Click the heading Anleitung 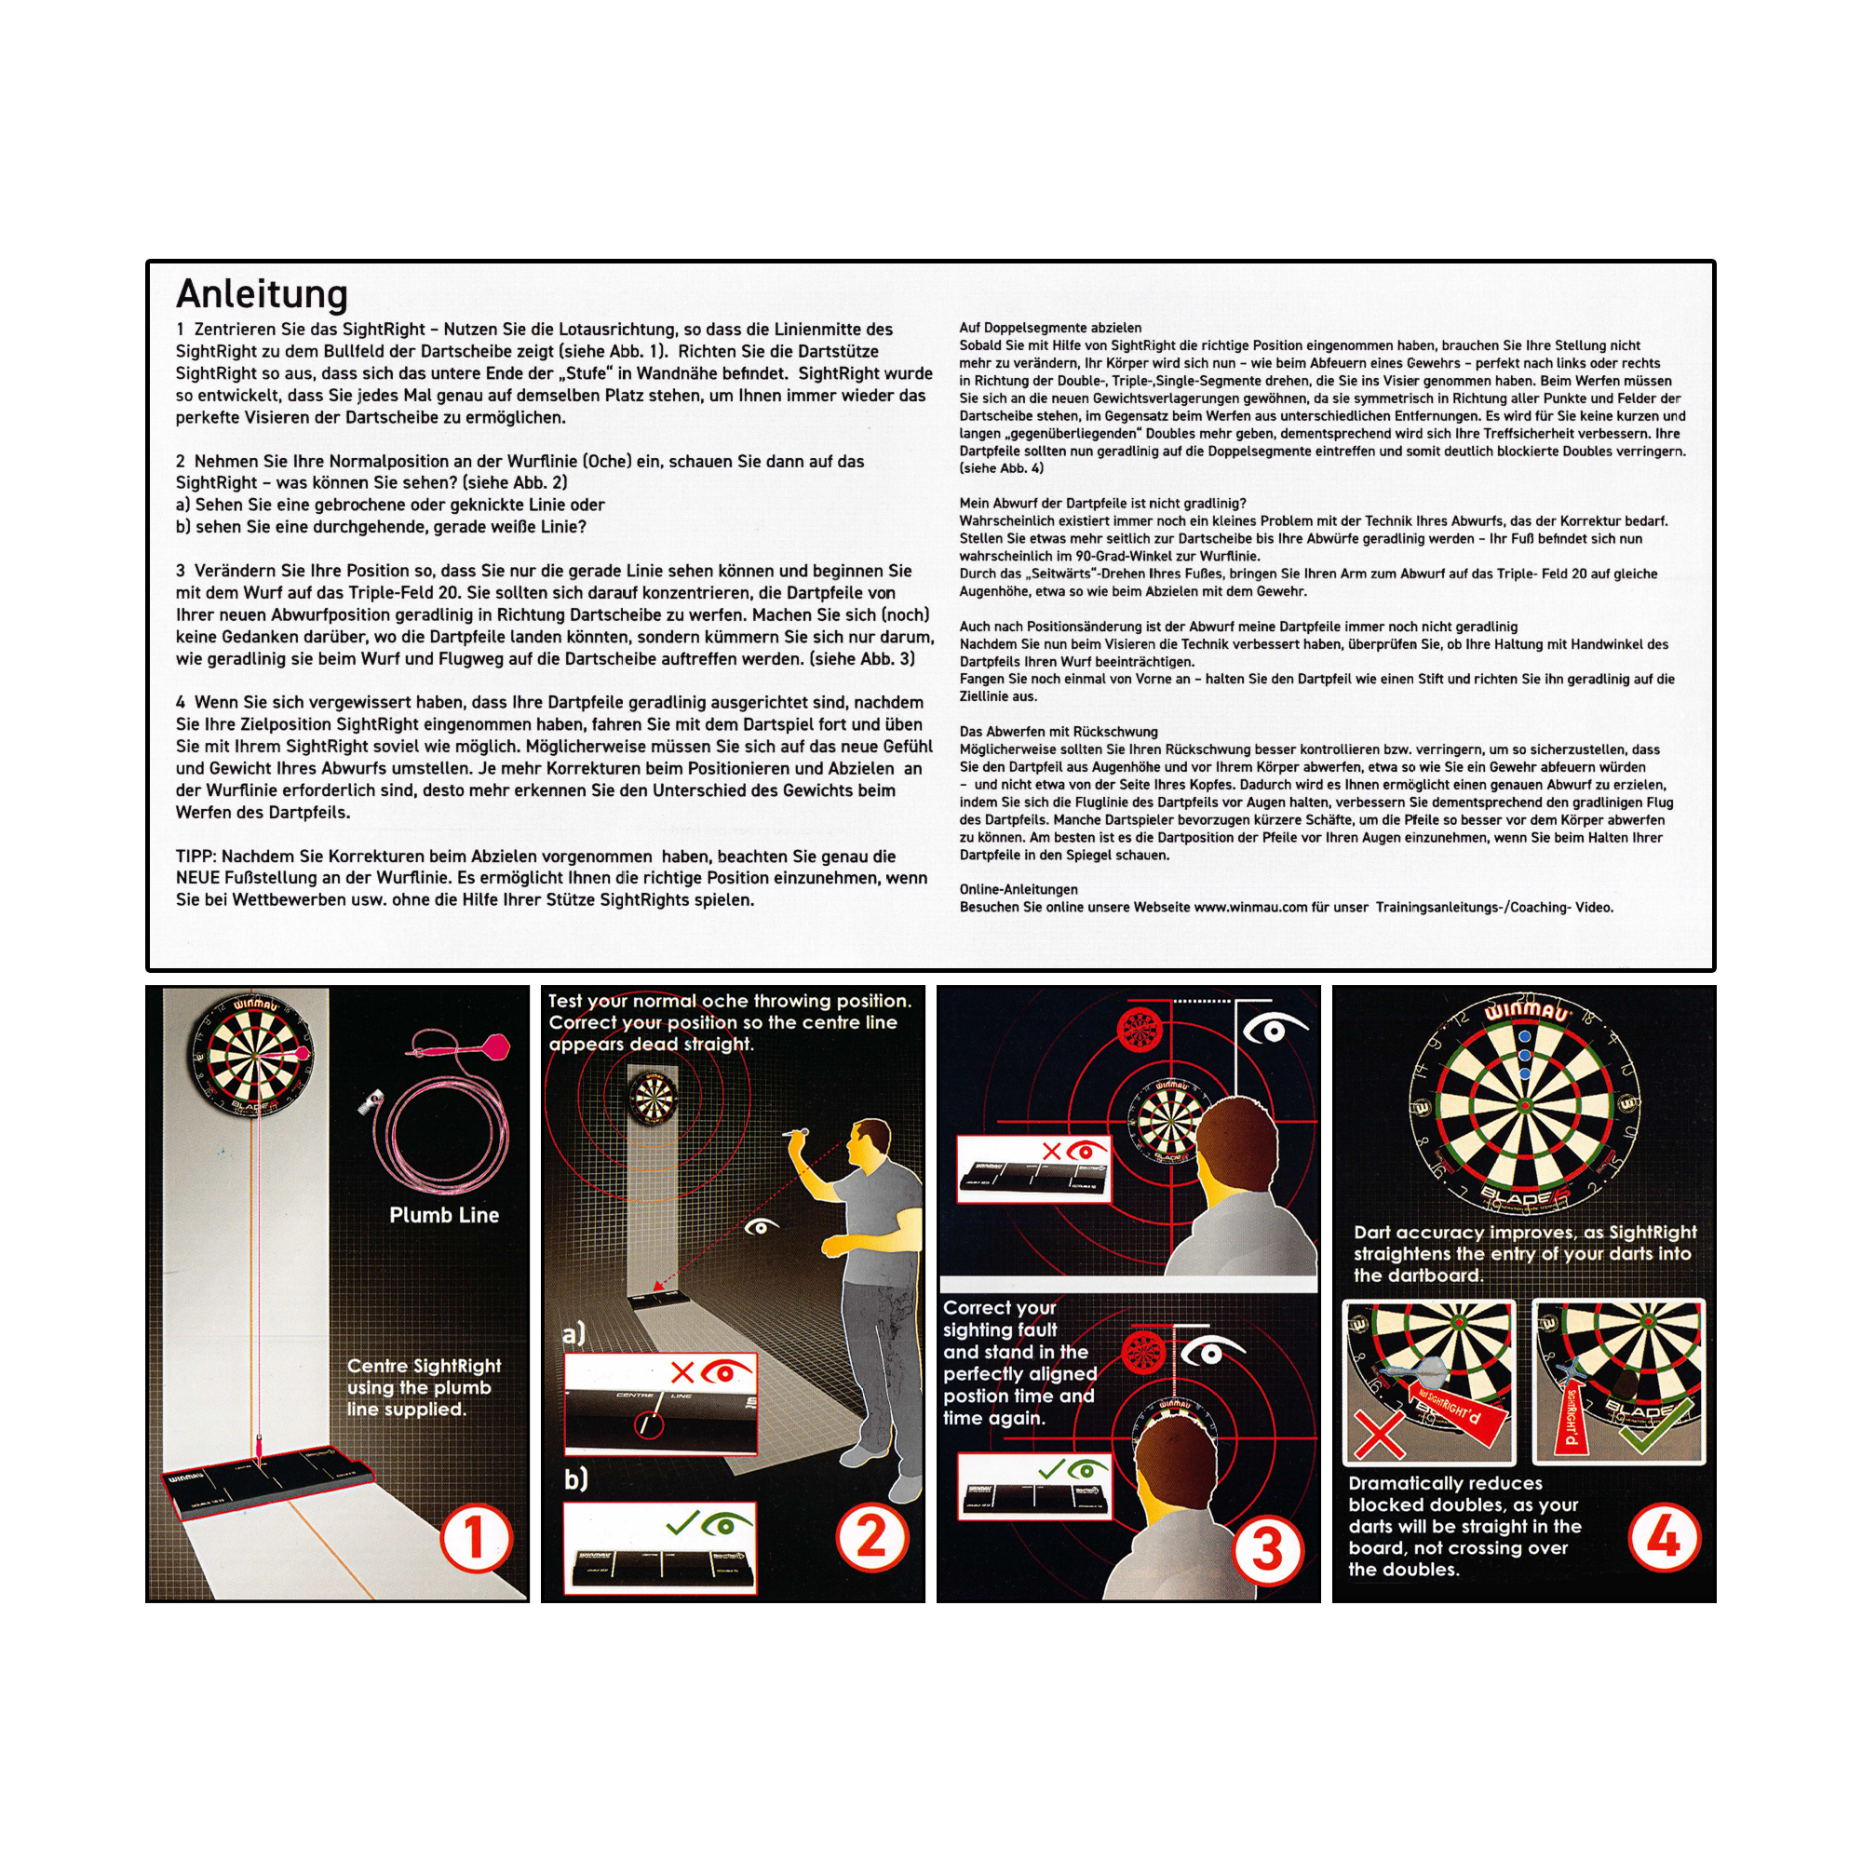point(262,294)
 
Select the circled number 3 point(1267,1549)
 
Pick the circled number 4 point(1665,1538)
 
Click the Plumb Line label point(443,1215)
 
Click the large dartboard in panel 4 point(1524,1104)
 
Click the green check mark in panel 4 point(1654,1424)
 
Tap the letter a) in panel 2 point(573,1334)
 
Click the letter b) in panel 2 point(574,1478)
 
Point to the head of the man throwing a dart point(870,1145)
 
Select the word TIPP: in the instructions point(196,856)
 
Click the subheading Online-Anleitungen point(1018,889)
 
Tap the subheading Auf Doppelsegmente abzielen point(1049,328)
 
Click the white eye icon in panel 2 point(762,1226)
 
